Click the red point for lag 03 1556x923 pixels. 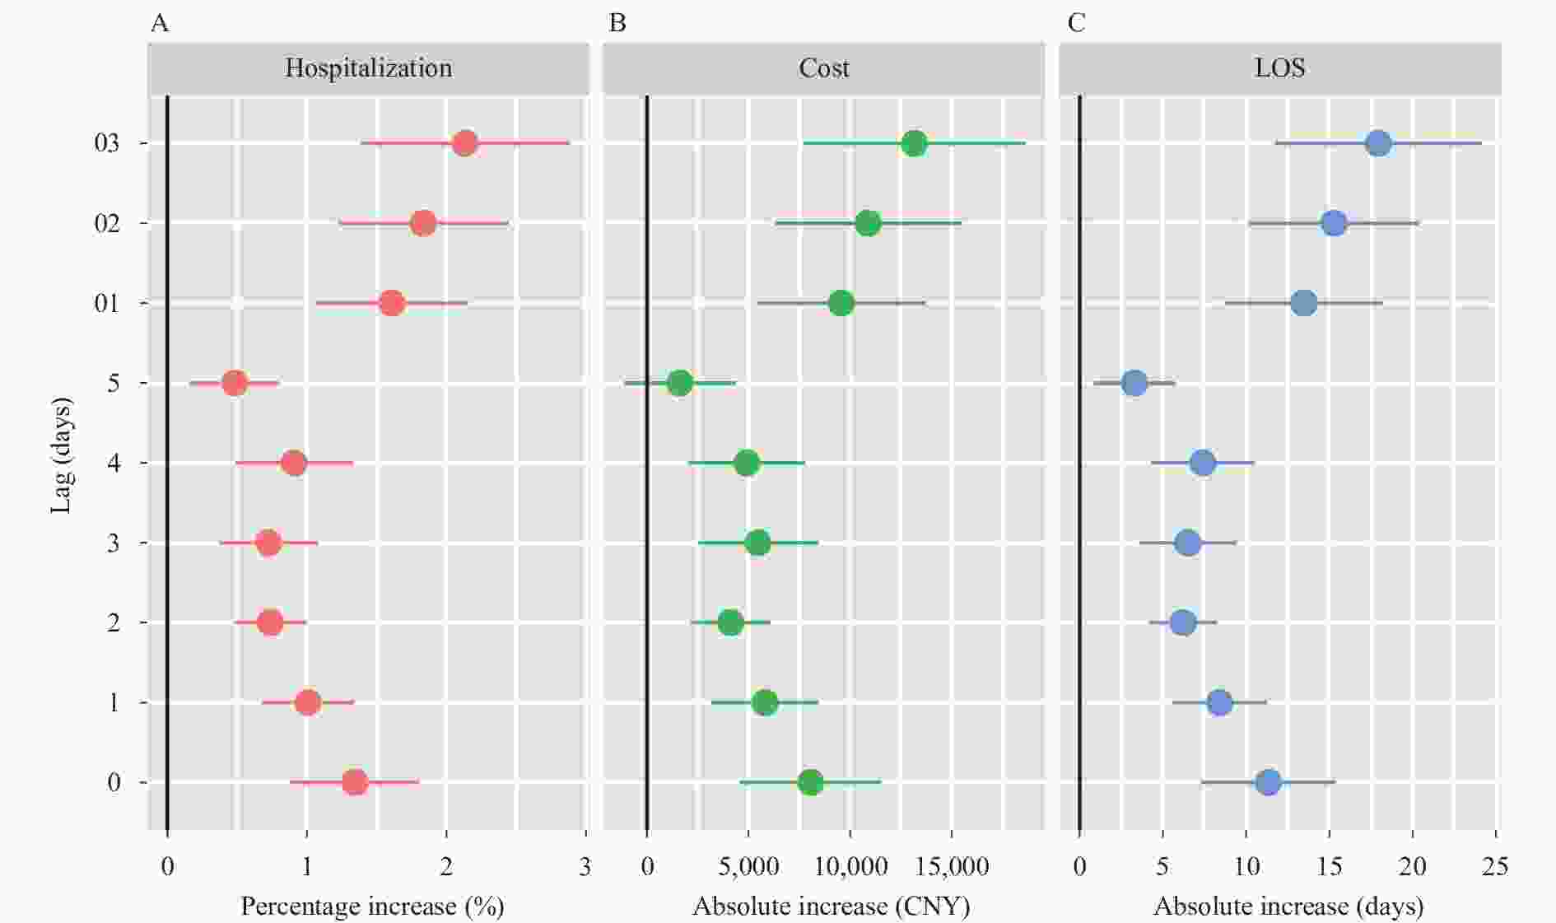click(464, 143)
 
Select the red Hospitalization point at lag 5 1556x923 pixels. click(235, 383)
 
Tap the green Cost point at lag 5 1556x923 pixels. click(680, 383)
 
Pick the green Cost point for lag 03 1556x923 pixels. click(914, 143)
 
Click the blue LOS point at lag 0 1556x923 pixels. click(1269, 782)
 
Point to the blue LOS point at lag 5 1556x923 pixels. click(1134, 383)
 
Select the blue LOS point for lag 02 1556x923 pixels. click(1334, 223)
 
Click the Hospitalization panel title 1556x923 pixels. click(368, 68)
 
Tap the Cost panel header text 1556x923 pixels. click(823, 68)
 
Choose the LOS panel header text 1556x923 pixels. click(1279, 68)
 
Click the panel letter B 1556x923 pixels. click(617, 23)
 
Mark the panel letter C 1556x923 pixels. click(1076, 23)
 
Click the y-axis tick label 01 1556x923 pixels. click(107, 304)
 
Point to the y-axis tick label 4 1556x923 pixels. click(114, 464)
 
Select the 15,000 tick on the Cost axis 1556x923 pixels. click(952, 866)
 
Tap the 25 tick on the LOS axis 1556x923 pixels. click(1495, 866)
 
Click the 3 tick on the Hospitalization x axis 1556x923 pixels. click(585, 866)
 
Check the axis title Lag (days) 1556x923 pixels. click(61, 455)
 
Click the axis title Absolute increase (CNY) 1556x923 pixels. click(831, 907)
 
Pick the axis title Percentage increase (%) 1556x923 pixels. click(372, 907)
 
